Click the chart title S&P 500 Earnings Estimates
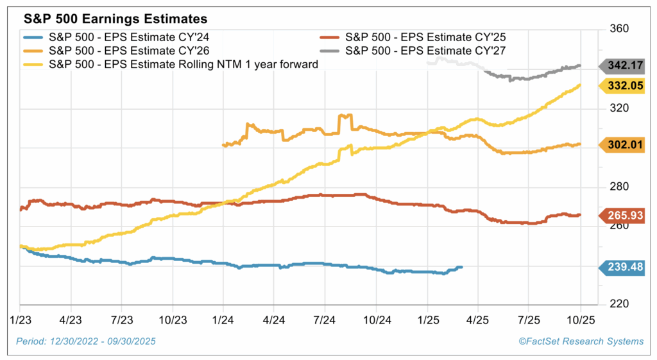[93, 14]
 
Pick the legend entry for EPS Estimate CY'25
[423, 37]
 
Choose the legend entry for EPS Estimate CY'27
[423, 51]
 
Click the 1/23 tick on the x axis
[19, 319]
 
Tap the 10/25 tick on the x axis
[580, 319]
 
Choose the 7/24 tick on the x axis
[325, 319]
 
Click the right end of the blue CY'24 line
[461, 267]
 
